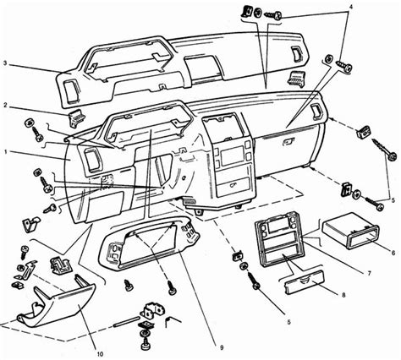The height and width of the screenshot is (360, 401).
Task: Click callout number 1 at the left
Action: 6,151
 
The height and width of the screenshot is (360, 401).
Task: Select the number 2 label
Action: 5,106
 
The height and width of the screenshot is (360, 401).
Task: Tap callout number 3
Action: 4,63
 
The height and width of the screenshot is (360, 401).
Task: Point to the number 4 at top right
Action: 350,7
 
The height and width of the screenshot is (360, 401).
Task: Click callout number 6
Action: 393,253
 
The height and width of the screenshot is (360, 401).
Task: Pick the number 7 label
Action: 370,273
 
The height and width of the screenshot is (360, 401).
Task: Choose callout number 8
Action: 343,295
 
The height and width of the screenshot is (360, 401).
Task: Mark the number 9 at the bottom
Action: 222,348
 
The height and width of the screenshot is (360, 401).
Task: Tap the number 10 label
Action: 100,354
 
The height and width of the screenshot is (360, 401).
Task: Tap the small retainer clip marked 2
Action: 76,117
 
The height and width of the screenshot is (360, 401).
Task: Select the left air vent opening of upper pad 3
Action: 71,90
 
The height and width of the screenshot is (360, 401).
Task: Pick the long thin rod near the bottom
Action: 126,322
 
